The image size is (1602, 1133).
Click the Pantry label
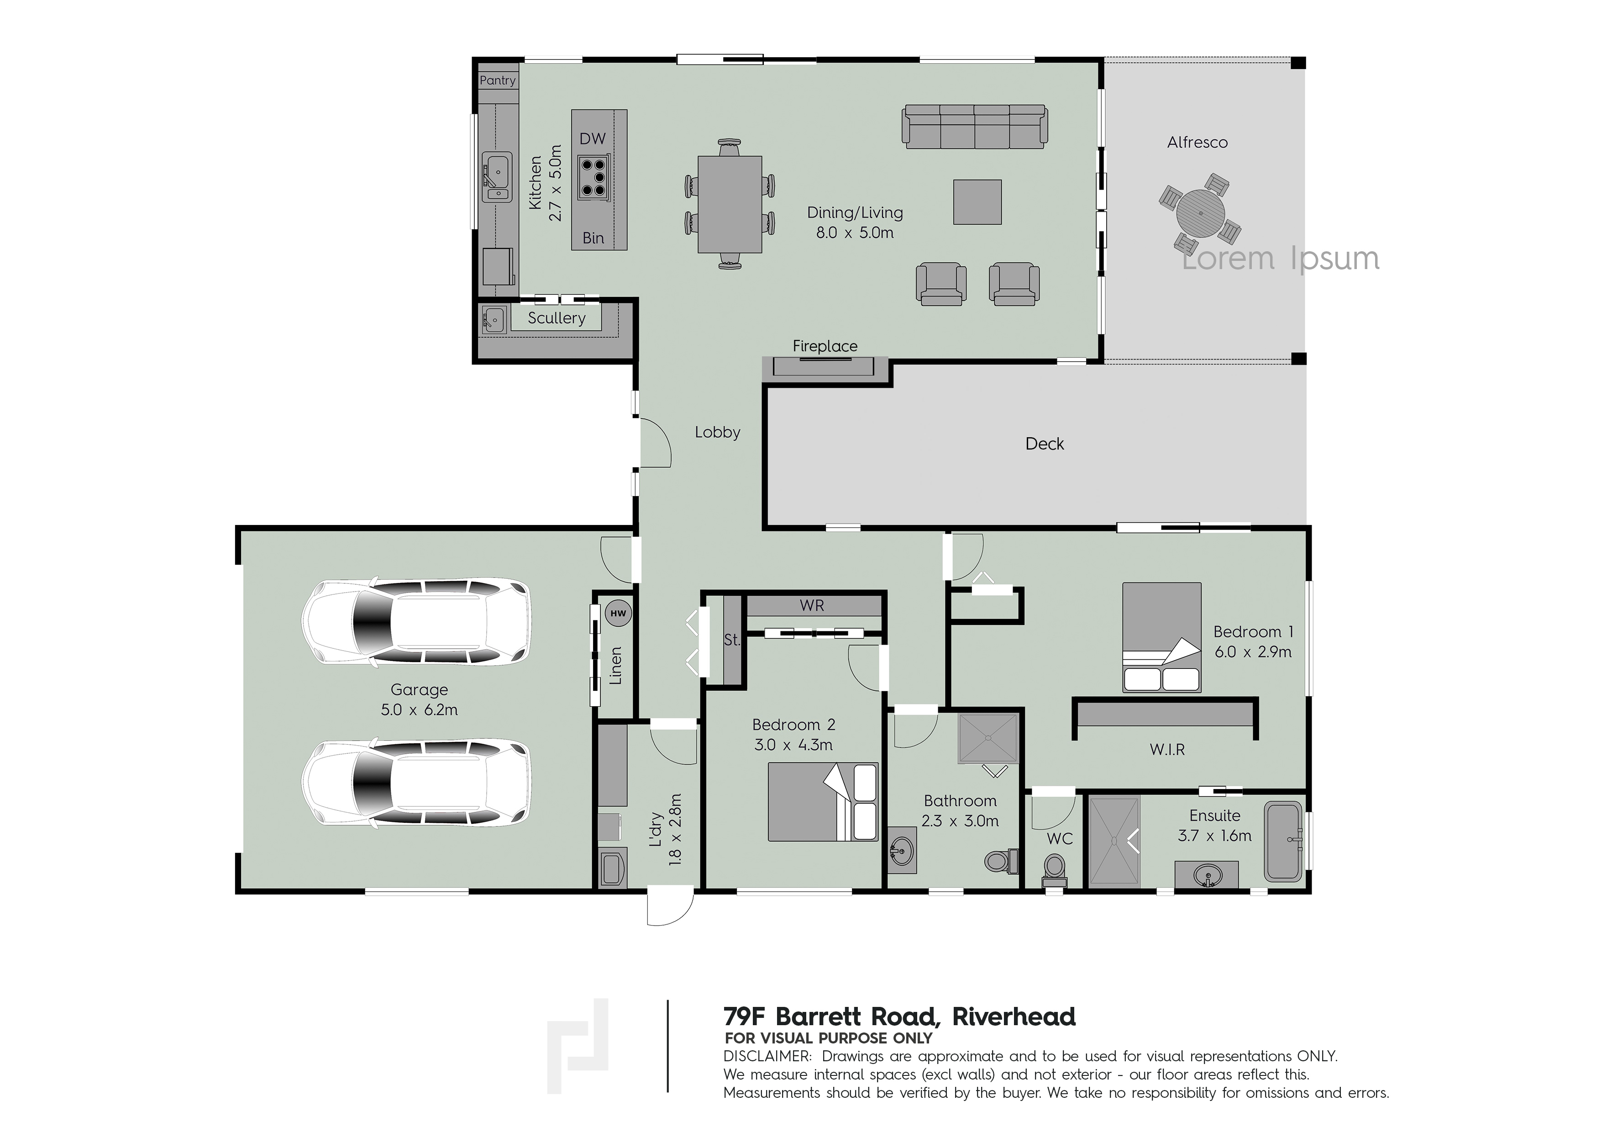(x=498, y=80)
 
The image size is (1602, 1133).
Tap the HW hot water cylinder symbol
(x=618, y=614)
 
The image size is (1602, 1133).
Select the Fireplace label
(x=825, y=346)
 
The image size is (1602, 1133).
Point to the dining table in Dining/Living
(x=730, y=204)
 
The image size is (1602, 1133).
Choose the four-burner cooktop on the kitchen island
(x=593, y=177)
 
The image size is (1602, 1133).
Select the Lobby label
(x=717, y=432)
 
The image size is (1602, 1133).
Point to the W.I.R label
(x=1167, y=750)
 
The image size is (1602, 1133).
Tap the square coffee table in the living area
(x=977, y=202)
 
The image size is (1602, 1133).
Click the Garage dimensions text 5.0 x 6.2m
(x=420, y=710)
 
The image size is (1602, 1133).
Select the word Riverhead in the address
(x=1014, y=1017)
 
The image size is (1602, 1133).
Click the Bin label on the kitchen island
(x=593, y=238)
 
